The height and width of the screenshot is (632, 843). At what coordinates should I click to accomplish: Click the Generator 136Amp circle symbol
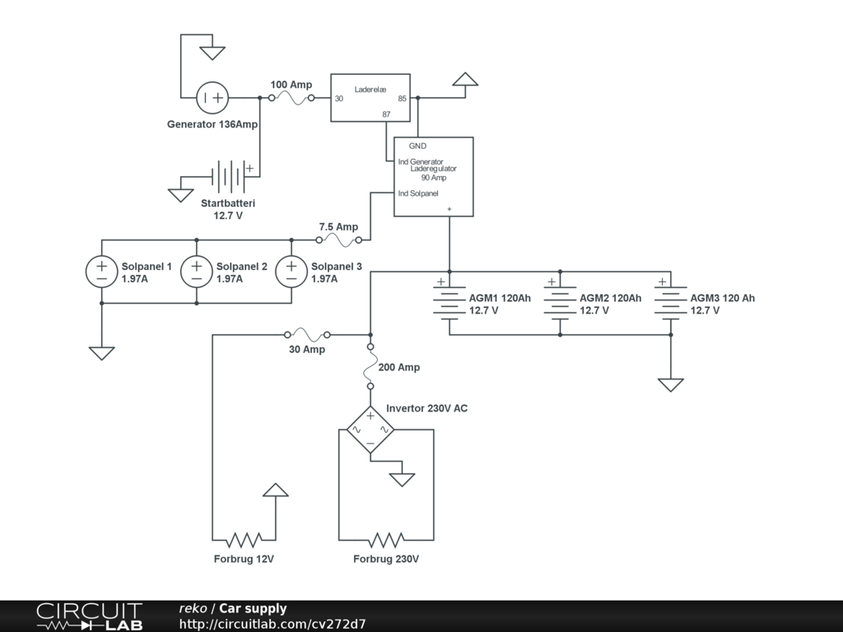[x=212, y=98]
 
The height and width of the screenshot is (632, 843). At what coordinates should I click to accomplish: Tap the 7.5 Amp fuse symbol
[x=338, y=240]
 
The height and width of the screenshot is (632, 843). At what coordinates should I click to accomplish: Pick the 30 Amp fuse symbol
[x=306, y=335]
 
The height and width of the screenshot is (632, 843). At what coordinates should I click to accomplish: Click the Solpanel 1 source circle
[x=102, y=272]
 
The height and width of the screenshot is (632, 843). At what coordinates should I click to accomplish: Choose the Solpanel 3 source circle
[x=291, y=272]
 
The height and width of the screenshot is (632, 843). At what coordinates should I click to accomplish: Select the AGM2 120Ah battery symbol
[x=560, y=304]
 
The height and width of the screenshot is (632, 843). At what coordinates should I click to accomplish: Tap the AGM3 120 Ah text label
[x=722, y=298]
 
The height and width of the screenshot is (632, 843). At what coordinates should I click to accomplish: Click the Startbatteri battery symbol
[x=228, y=177]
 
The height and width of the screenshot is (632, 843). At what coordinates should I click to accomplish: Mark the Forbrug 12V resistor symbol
[x=244, y=540]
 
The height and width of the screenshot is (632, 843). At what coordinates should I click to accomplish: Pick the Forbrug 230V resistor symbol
[x=386, y=540]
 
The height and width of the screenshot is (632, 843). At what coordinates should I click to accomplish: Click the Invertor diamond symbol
[x=370, y=430]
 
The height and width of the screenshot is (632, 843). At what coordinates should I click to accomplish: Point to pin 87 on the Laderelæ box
[x=386, y=114]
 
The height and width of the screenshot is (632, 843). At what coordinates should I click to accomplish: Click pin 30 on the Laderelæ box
[x=338, y=99]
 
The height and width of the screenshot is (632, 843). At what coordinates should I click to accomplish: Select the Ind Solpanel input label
[x=418, y=193]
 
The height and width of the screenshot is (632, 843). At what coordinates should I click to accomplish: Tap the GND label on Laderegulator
[x=417, y=146]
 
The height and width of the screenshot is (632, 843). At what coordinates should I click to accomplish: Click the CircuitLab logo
[x=89, y=616]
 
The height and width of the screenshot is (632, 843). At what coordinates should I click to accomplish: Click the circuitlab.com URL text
[x=272, y=624]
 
